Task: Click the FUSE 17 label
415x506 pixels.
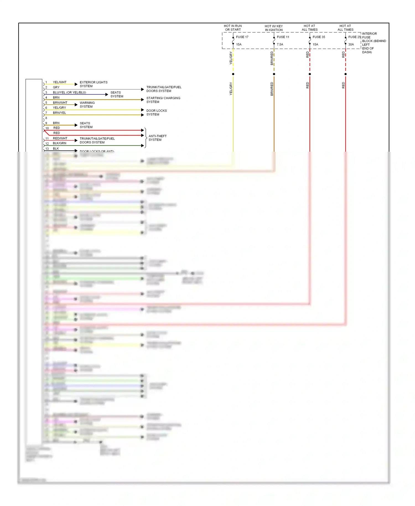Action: (x=242, y=37)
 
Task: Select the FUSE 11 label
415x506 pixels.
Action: (x=283, y=37)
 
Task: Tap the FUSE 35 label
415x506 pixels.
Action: (x=319, y=37)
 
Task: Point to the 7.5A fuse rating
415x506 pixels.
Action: (x=280, y=44)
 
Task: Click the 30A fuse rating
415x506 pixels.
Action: (x=351, y=44)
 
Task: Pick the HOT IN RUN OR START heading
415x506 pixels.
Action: (x=233, y=28)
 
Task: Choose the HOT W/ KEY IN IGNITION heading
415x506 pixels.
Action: (x=274, y=28)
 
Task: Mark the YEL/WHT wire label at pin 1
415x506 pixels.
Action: (x=60, y=82)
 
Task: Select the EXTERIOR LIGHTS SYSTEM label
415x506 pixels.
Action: (x=94, y=84)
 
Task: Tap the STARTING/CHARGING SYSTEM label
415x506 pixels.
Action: (x=163, y=100)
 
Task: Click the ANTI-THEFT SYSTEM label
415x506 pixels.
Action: (x=157, y=138)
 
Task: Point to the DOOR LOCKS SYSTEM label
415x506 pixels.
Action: (x=157, y=112)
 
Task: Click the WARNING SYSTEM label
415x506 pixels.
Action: (x=87, y=105)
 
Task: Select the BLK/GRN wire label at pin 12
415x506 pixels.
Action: (x=59, y=143)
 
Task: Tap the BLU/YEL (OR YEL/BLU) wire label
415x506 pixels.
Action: (x=69, y=92)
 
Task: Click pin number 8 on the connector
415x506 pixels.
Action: (x=46, y=118)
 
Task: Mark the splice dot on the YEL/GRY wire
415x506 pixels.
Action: (x=233, y=74)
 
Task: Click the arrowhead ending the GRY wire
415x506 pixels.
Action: (x=142, y=89)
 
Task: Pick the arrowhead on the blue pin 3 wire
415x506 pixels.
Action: (x=107, y=94)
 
